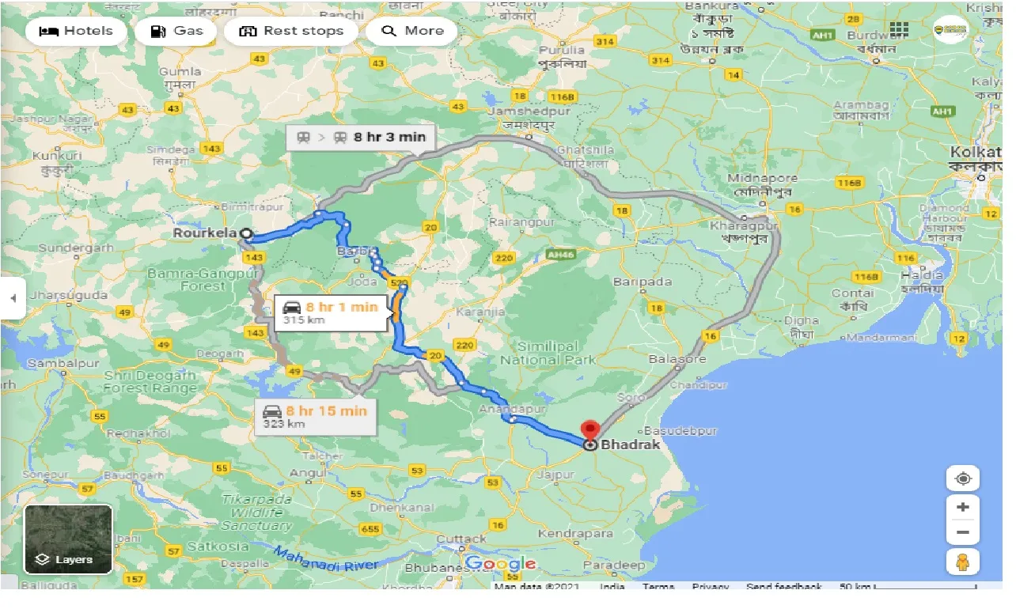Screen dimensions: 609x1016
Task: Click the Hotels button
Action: coord(76,32)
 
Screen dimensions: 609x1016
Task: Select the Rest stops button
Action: coord(291,32)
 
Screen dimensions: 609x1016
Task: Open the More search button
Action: coord(412,32)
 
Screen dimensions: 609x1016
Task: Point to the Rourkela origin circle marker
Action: coord(246,234)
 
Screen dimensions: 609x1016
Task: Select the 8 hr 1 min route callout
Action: coord(332,312)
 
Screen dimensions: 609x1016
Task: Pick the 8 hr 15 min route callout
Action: coord(315,417)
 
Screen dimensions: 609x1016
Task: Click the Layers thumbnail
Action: coord(69,539)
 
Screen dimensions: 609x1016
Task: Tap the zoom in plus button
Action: coord(962,507)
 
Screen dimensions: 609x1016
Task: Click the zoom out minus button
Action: coord(962,532)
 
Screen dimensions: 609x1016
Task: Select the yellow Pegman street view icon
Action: coord(962,562)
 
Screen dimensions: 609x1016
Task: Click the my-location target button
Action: coord(962,478)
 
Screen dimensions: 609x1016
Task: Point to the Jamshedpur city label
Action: coord(518,112)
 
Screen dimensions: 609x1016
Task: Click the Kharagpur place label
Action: coord(744,225)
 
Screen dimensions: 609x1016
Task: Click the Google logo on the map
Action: coord(501,564)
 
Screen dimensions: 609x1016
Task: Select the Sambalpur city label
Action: coord(57,362)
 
